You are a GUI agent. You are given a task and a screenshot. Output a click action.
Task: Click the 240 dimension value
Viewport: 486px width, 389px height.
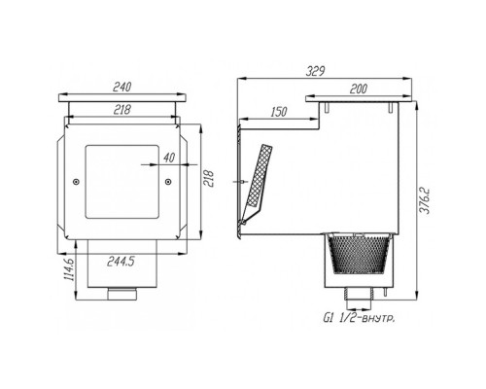click(122, 87)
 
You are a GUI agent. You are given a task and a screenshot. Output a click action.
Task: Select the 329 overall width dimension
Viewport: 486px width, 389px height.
click(315, 71)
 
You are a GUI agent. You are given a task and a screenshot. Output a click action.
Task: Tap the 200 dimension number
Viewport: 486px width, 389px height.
click(358, 88)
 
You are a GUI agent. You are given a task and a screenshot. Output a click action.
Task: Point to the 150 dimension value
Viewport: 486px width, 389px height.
click(278, 112)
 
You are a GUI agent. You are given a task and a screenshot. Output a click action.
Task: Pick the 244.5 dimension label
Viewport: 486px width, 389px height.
click(121, 262)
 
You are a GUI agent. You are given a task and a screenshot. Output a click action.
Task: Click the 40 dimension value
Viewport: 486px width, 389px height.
click(168, 158)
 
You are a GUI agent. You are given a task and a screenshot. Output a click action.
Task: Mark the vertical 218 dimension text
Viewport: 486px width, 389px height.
click(209, 180)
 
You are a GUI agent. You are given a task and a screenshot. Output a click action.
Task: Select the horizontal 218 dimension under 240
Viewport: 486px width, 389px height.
click(122, 110)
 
